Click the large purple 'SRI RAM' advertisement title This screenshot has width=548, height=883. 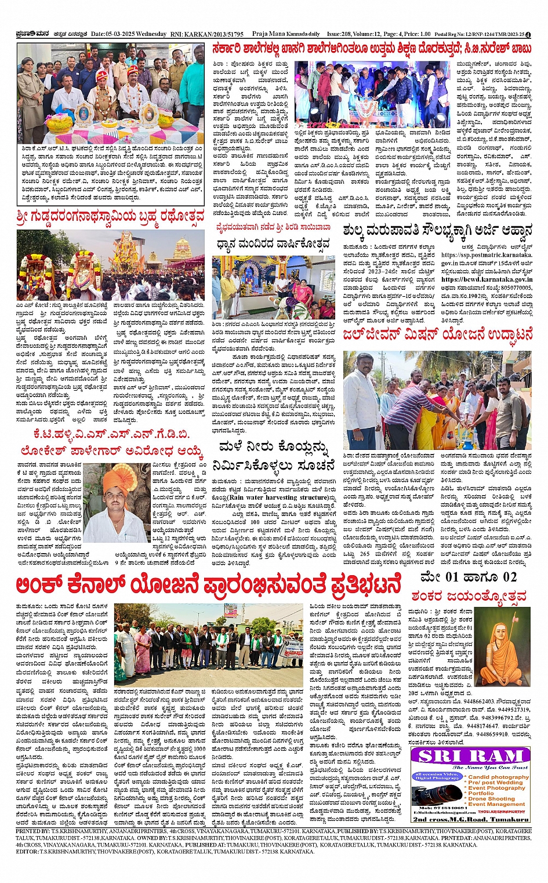[x=470, y=756]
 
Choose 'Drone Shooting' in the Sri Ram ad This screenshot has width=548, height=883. [x=491, y=798]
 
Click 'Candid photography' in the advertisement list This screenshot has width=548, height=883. [x=498, y=777]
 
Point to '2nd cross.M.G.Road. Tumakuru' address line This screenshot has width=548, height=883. [x=470, y=819]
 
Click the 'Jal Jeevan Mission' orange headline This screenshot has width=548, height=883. [x=437, y=336]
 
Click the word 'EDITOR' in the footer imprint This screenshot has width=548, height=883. [x=27, y=851]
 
